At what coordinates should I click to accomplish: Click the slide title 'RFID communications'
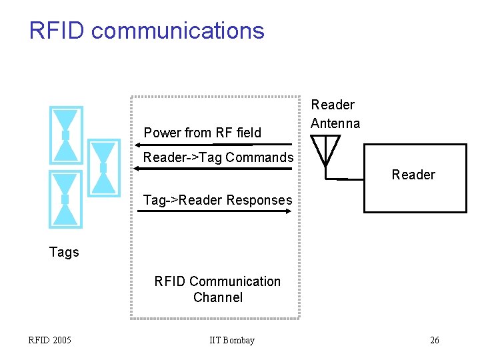pyautogui.click(x=147, y=31)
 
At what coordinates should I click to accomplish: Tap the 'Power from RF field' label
pyautogui.click(x=203, y=133)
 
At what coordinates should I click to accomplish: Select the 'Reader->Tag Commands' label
pyautogui.click(x=218, y=158)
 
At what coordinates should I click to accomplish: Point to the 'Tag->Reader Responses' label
pyautogui.click(x=218, y=200)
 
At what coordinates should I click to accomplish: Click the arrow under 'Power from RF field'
pyautogui.click(x=213, y=144)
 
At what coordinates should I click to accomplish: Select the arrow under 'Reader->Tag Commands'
pyautogui.click(x=213, y=169)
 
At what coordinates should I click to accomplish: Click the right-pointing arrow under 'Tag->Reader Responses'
pyautogui.click(x=213, y=211)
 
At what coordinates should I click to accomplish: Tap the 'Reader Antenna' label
pyautogui.click(x=335, y=114)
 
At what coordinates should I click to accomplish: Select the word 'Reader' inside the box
pyautogui.click(x=413, y=175)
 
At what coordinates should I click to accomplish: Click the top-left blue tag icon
pyautogui.click(x=66, y=135)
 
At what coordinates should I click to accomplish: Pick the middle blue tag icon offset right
pyautogui.click(x=103, y=167)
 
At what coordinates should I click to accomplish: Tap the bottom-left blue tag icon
pyautogui.click(x=66, y=199)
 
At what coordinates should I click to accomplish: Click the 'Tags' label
pyautogui.click(x=64, y=252)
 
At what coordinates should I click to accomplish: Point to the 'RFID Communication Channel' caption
pyautogui.click(x=217, y=289)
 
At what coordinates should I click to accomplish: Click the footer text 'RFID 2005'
pyautogui.click(x=50, y=341)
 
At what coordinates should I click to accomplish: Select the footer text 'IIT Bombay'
pyautogui.click(x=231, y=341)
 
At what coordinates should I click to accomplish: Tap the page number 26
pyautogui.click(x=434, y=341)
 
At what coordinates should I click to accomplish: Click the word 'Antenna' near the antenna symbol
pyautogui.click(x=335, y=123)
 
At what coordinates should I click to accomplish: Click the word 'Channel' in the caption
pyautogui.click(x=217, y=297)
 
